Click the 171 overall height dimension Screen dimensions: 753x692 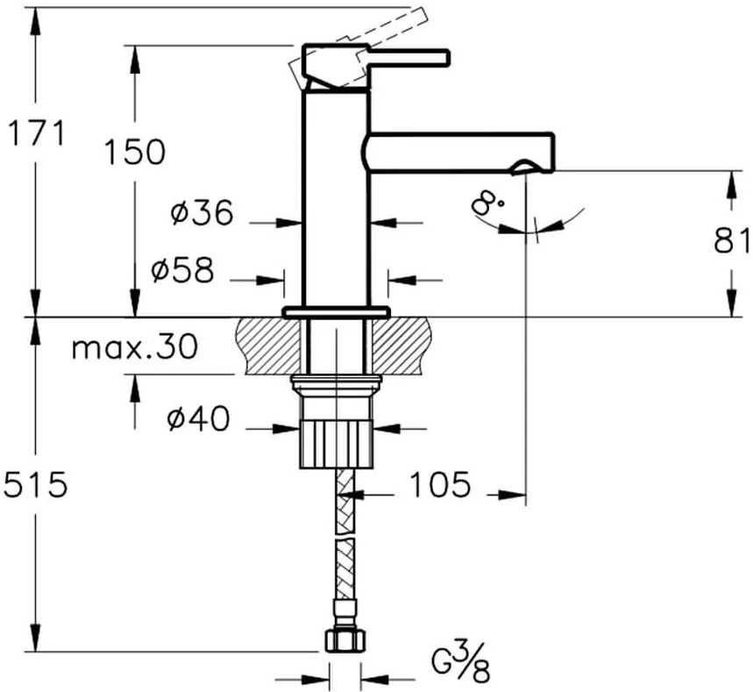(x=37, y=133)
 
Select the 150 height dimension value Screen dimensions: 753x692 (x=135, y=152)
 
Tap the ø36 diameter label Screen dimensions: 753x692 (x=202, y=212)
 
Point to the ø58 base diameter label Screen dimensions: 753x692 (x=182, y=269)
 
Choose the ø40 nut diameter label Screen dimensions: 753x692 (x=198, y=418)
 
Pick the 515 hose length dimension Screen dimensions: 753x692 (x=35, y=484)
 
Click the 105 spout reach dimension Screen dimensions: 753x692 (x=439, y=484)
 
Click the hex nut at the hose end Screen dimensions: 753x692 (x=345, y=639)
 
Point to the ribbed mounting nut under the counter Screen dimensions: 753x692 (x=336, y=443)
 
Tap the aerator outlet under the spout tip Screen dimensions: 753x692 (x=523, y=168)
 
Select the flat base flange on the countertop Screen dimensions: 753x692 (x=336, y=312)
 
